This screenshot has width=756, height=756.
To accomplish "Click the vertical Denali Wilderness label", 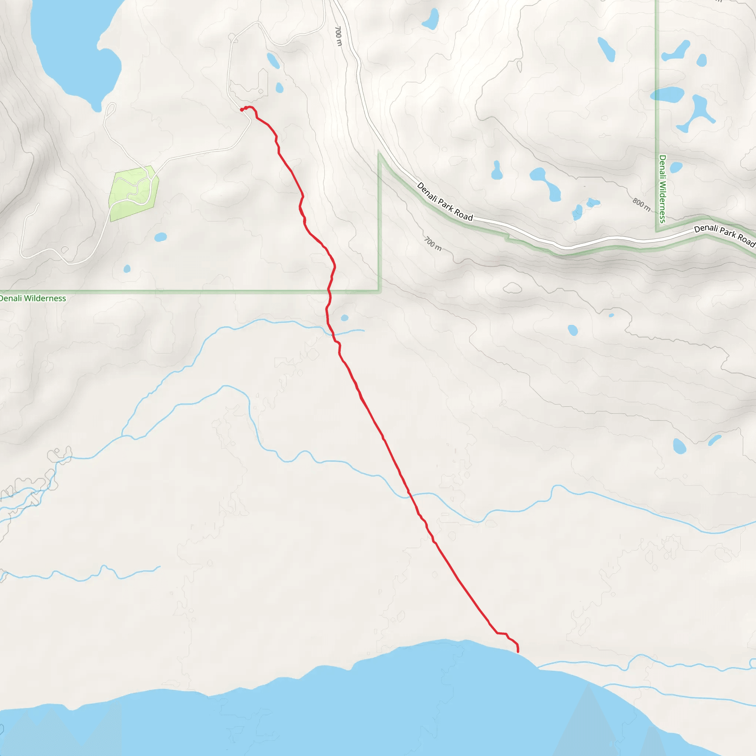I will (663, 189).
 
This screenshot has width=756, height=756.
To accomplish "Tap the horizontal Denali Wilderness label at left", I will (33, 298).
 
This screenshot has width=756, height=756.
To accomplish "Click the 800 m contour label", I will (642, 205).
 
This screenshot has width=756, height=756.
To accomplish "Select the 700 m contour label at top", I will (339, 36).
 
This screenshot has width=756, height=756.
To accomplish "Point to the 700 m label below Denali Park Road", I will (433, 243).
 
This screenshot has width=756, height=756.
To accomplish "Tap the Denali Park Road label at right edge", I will (724, 235).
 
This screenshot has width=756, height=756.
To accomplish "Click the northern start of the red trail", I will (242, 110).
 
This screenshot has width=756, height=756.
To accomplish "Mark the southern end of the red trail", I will (518, 652).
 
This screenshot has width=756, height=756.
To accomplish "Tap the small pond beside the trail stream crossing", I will (345, 318).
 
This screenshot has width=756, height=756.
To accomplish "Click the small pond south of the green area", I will (161, 237).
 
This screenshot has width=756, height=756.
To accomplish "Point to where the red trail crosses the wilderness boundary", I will (329, 291).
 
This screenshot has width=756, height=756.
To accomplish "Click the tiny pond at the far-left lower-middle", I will (127, 268).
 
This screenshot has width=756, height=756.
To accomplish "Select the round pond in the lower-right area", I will (679, 446).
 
